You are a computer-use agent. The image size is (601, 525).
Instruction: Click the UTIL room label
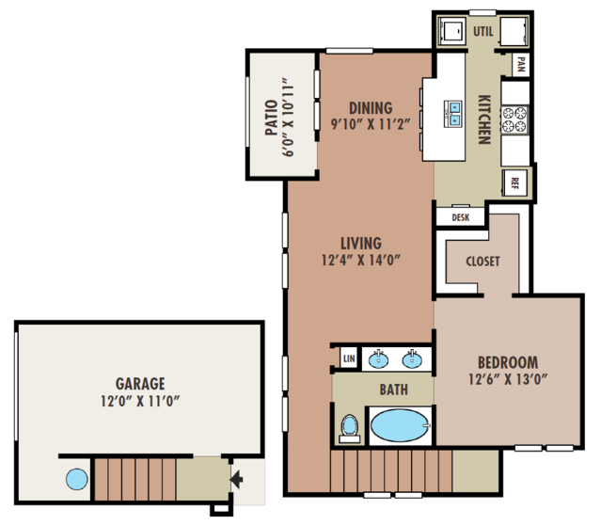482,31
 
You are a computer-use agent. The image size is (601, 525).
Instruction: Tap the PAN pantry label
521,64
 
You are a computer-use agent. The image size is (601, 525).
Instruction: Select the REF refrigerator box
514,183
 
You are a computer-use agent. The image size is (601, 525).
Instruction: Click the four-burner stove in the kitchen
514,119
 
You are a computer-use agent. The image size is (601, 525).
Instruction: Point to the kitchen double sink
453,114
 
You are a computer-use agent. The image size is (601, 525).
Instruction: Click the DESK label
460,217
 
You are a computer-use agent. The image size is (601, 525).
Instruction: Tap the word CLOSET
482,262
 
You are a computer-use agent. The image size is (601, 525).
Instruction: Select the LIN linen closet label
349,358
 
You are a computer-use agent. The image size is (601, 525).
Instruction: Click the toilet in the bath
350,428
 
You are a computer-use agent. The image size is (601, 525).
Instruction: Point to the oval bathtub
400,425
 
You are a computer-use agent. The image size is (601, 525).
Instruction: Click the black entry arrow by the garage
236,479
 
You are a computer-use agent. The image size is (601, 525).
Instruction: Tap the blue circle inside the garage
77,479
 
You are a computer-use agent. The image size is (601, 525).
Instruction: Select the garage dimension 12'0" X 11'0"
140,401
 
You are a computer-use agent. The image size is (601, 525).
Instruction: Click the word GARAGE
140,384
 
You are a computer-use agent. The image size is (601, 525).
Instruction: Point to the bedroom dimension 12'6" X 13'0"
508,379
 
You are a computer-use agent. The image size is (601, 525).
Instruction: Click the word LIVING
361,244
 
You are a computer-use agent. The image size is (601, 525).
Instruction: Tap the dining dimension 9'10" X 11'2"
371,124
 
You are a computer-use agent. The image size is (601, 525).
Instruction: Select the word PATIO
272,118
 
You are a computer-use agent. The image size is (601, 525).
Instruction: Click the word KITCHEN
484,119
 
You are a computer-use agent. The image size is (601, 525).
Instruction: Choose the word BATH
394,390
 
